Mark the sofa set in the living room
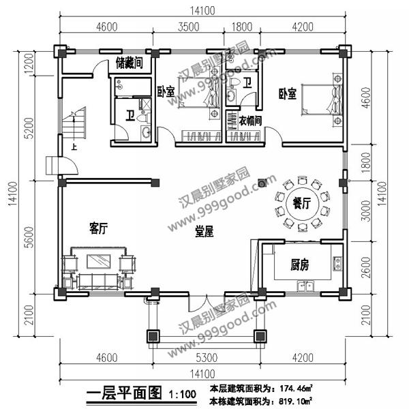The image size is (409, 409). click(99, 271)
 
